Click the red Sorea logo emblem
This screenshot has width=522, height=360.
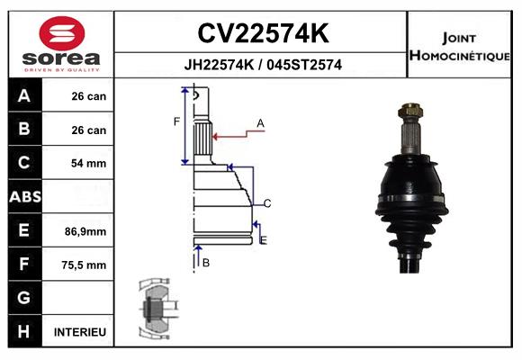pos(62,33)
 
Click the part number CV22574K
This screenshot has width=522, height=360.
pos(264,33)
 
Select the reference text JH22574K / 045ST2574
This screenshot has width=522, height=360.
pos(263,65)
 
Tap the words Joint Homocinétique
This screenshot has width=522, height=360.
pos(459,47)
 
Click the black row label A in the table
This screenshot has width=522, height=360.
pos(24,96)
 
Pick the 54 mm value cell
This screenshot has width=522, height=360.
pos(88,163)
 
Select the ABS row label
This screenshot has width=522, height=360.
pos(25,197)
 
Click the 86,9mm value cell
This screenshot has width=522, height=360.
pos(85,231)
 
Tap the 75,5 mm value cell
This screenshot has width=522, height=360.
pos(84,265)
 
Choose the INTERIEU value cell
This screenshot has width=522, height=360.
pos(80,332)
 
